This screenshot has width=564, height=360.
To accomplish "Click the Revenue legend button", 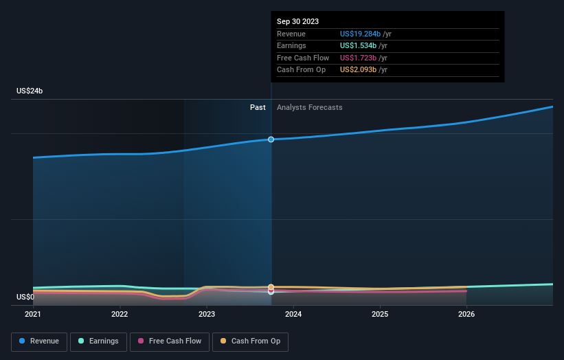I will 38,341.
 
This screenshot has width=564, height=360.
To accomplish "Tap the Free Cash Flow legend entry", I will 170,341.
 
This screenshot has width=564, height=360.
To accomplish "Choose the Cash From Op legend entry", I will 250,341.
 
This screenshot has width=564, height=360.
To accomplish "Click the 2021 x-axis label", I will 33,315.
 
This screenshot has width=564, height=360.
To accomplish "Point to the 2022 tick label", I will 120,315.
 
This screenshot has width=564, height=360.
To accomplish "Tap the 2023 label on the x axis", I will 206,315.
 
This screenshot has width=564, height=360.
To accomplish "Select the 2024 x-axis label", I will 293,315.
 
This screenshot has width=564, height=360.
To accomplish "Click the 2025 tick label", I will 380,315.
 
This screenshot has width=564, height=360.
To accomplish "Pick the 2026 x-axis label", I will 466,315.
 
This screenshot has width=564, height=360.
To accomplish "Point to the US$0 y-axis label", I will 25,297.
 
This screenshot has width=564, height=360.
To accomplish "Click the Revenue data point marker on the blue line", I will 271,139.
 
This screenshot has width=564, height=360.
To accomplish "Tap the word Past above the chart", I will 258,107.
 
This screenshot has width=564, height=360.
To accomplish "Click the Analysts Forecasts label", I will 309,107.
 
